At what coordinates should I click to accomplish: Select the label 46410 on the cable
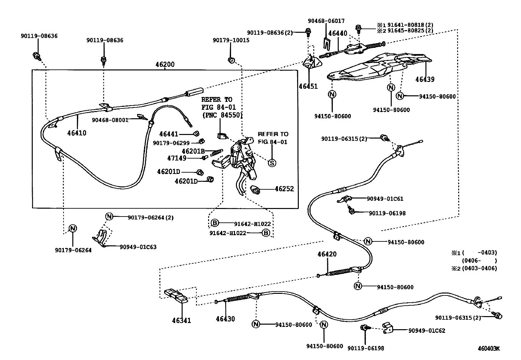coord(77,133)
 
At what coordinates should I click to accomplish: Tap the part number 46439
coord(425,79)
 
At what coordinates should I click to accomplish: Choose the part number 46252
coord(284,189)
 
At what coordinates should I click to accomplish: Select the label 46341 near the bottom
coord(181,320)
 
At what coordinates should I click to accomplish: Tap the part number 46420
coord(327,254)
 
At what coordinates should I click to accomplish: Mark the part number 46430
coord(225,319)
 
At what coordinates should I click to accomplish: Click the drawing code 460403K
coord(489,349)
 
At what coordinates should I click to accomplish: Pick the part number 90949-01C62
coord(426,331)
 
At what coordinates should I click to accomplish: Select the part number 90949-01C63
coord(138,247)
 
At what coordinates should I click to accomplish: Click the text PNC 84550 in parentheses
coord(222,115)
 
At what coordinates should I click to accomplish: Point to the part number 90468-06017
coord(326,21)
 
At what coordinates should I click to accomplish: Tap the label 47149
coord(177,158)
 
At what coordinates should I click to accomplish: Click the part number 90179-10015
coord(231,40)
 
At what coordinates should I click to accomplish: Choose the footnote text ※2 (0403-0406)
coord(474,268)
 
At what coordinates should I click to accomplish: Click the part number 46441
coord(169,134)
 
